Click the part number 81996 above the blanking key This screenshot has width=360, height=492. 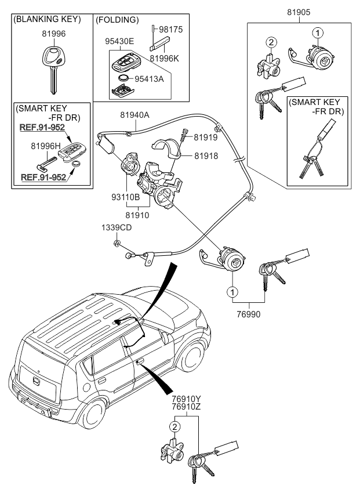(53, 34)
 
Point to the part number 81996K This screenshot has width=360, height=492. (167, 58)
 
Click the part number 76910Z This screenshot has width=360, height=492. (186, 407)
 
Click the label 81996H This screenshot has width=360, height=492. (46, 147)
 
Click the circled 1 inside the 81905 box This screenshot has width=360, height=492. (317, 32)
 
